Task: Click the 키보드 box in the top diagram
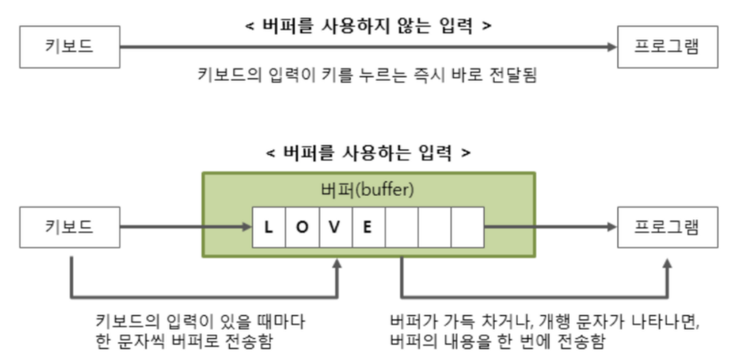(x=69, y=47)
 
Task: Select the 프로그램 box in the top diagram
(x=667, y=47)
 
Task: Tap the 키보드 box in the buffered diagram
(x=69, y=227)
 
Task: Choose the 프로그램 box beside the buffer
(x=667, y=227)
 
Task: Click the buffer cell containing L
(x=268, y=227)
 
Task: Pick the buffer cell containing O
(x=302, y=227)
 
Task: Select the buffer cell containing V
(x=335, y=227)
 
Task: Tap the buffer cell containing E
(x=368, y=227)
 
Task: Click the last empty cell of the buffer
(x=467, y=227)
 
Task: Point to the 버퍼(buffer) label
(x=368, y=191)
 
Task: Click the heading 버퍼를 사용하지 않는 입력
(x=368, y=25)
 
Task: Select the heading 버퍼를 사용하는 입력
(x=368, y=153)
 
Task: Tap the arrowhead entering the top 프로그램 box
(x=612, y=47)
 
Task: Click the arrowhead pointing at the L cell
(x=247, y=227)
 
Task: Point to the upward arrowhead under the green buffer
(x=338, y=264)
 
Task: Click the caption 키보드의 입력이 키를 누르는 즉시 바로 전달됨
(x=367, y=75)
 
